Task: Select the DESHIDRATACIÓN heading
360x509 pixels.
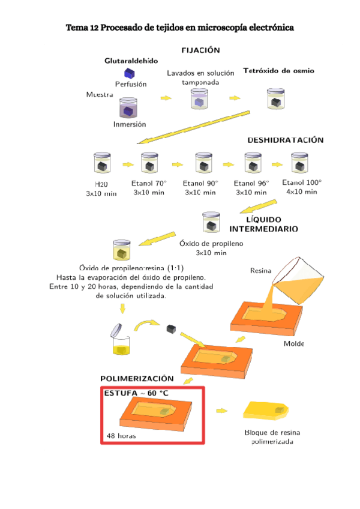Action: point(286,140)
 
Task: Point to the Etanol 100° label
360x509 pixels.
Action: point(302,182)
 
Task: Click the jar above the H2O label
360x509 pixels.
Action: point(100,163)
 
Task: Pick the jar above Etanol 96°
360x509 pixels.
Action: point(253,163)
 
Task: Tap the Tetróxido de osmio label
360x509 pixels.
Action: point(278,71)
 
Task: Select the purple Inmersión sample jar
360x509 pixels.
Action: point(128,109)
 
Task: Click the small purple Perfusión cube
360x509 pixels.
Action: point(127,73)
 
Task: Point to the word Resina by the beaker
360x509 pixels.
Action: point(260,271)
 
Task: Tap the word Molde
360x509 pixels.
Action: point(294,344)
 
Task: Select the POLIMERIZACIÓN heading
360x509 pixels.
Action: point(137,379)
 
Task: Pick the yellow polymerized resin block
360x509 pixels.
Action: point(267,410)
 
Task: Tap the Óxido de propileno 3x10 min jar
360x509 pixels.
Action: point(211,223)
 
